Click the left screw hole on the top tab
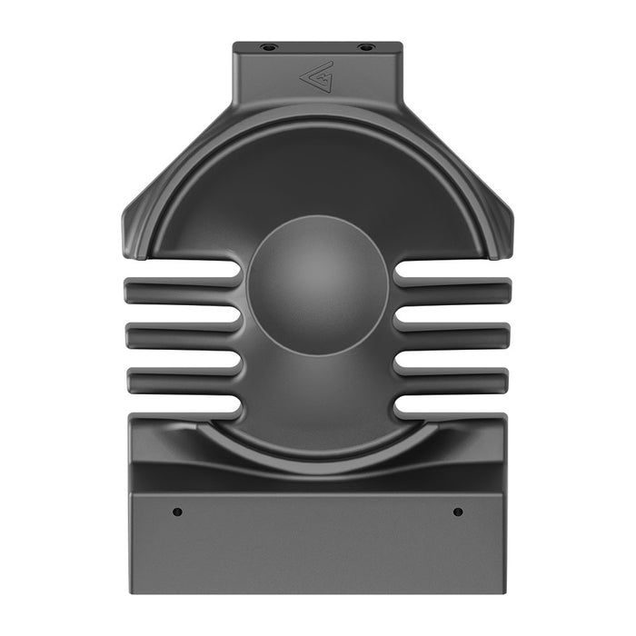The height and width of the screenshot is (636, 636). point(267,46)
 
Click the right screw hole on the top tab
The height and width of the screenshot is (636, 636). point(365,46)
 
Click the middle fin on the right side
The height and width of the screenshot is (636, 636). point(454,336)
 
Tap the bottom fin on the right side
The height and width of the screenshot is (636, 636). point(454,379)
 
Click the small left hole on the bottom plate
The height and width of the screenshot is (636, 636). point(178,512)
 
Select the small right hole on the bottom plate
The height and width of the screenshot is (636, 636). point(458,512)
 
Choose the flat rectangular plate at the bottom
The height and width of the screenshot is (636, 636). point(317,545)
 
